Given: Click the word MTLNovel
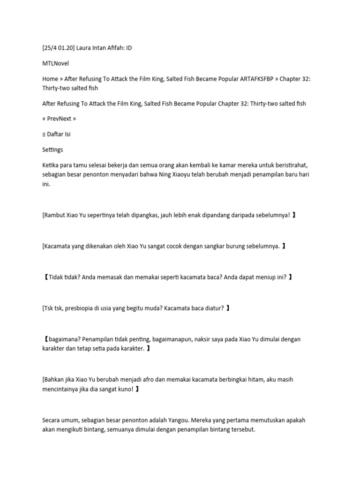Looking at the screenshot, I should pyautogui.click(x=55, y=64).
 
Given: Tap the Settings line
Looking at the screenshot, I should pyautogui.click(x=52, y=150).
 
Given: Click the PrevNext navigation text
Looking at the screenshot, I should pyautogui.click(x=59, y=119).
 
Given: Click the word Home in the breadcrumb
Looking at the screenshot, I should pyautogui.click(x=50, y=79).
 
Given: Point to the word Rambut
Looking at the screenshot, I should pyautogui.click(x=56, y=215).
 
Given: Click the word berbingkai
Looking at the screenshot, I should pyautogui.click(x=224, y=379).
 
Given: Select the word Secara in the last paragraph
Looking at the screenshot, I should pyautogui.click(x=52, y=420).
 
